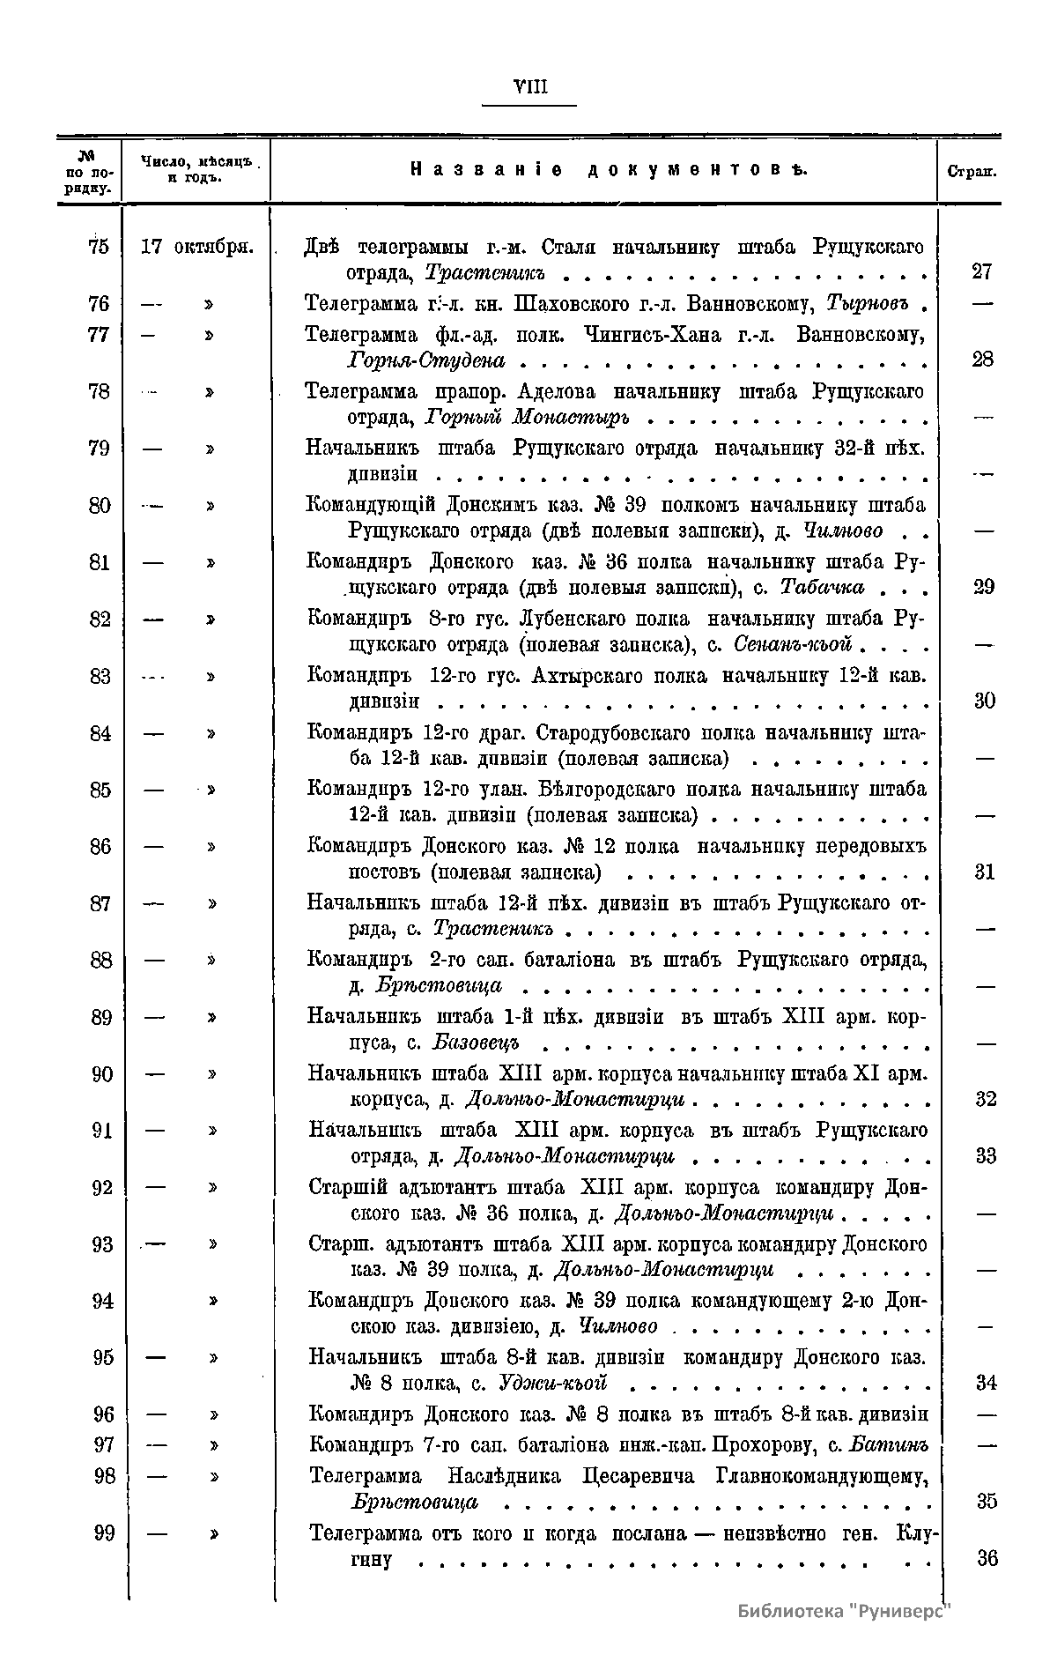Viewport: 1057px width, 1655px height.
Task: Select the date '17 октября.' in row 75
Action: [x=196, y=247]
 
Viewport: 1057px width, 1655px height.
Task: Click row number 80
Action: [x=100, y=506]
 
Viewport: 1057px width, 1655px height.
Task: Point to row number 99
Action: [x=104, y=1533]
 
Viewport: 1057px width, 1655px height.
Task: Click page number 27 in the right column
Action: [x=982, y=271]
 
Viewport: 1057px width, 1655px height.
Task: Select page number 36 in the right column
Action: [x=987, y=1558]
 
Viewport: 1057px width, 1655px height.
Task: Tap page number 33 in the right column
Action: [x=987, y=1155]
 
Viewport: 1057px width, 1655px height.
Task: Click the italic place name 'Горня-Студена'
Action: [x=427, y=360]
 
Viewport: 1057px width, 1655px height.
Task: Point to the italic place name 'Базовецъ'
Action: [x=477, y=1043]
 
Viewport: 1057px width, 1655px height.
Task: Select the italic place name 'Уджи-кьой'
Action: [x=553, y=1382]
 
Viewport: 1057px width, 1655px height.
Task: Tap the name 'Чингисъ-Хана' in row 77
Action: [x=652, y=335]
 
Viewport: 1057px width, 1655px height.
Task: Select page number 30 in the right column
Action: [x=985, y=701]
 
